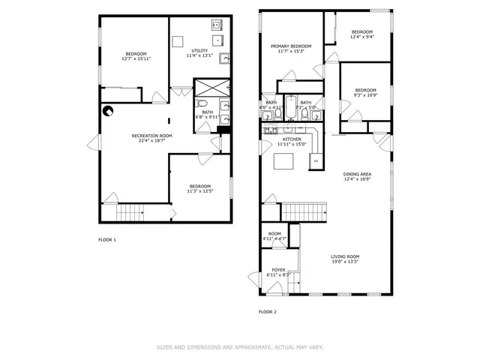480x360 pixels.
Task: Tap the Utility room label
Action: [x=199, y=52]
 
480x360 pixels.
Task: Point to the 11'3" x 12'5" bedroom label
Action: [x=199, y=188]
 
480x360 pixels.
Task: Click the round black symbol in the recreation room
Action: [x=109, y=112]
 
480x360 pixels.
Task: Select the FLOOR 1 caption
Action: [x=107, y=240]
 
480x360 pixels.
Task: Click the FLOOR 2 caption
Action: [x=268, y=311]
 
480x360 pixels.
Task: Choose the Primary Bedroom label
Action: [x=291, y=48]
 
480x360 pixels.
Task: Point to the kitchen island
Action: [x=284, y=162]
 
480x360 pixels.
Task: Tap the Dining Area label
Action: [x=358, y=176]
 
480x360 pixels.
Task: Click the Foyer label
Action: [x=278, y=272]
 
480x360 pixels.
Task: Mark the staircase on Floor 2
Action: [x=305, y=212]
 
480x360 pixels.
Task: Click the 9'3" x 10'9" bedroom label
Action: [x=364, y=92]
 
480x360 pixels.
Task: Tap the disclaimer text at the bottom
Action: [x=239, y=347]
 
